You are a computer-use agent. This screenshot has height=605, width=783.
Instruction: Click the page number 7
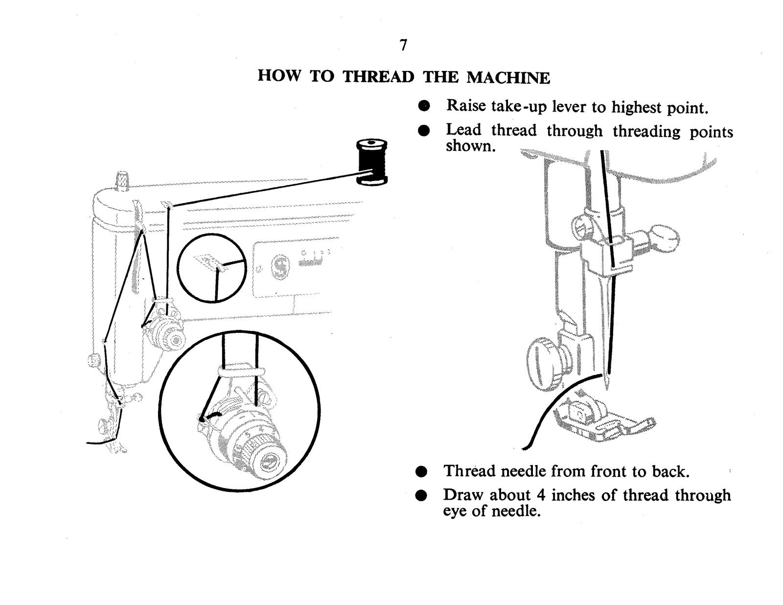(403, 45)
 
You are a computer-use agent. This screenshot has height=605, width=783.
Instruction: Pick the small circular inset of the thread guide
(211, 268)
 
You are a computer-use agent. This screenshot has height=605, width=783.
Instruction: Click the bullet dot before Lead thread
(424, 131)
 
